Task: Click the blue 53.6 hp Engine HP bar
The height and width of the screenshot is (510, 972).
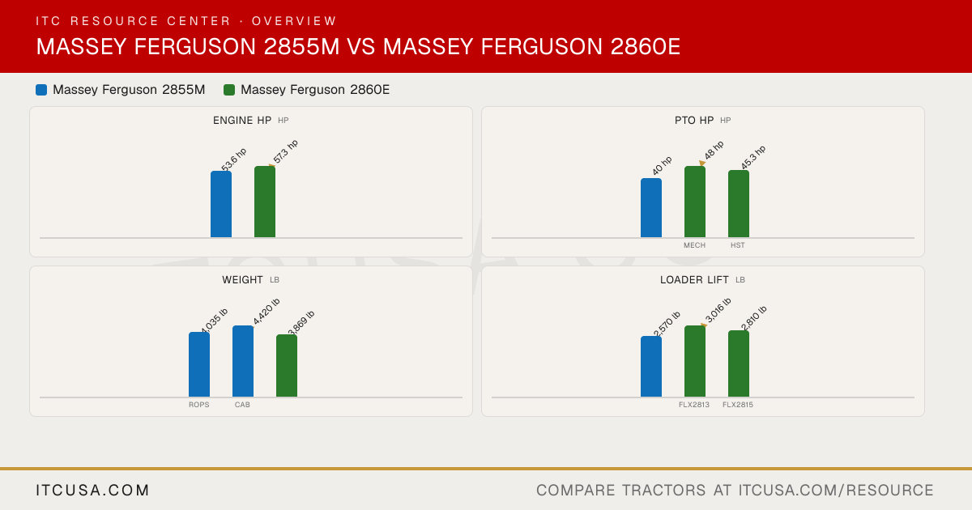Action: (x=221, y=204)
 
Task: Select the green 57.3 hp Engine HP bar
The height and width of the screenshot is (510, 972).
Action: (x=265, y=202)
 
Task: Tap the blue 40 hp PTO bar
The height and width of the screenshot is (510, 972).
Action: (x=651, y=207)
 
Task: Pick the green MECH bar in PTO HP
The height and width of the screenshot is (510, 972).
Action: (x=695, y=202)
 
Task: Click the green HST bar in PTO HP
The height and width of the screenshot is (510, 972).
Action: (x=739, y=203)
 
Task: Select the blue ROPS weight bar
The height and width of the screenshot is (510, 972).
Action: (x=199, y=364)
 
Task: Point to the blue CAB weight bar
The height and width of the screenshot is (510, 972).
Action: (x=243, y=361)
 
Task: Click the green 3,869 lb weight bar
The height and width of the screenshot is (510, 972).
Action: (x=287, y=366)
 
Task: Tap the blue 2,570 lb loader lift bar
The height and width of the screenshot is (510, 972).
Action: (x=651, y=367)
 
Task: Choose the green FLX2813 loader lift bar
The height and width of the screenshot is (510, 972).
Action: (x=695, y=361)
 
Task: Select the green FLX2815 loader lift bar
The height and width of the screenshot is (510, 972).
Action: (x=739, y=363)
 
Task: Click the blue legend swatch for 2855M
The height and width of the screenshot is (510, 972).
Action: (x=41, y=90)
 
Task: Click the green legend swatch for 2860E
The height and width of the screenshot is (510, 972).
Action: (x=229, y=90)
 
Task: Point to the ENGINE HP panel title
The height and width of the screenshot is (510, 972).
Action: (x=242, y=120)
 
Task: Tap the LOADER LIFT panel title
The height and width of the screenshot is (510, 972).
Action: (x=694, y=280)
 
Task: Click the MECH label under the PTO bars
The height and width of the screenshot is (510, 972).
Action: (x=695, y=245)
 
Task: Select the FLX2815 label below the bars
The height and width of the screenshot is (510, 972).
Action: (x=738, y=405)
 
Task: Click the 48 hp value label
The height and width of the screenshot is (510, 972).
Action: (x=714, y=150)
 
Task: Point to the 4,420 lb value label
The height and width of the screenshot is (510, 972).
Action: (x=266, y=312)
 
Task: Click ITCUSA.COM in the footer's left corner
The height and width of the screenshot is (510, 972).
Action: (x=92, y=490)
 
